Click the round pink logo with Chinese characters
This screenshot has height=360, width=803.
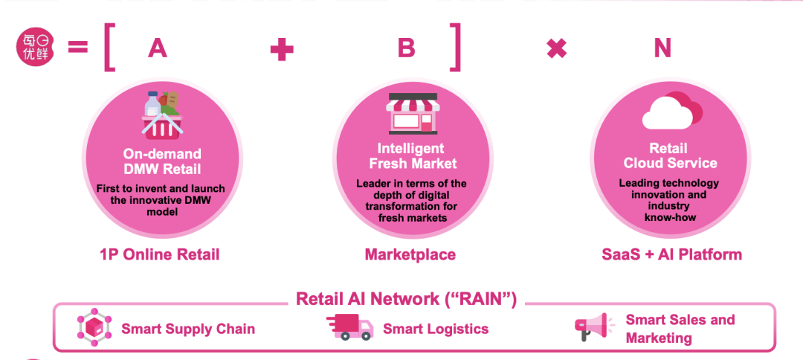tap(33, 48)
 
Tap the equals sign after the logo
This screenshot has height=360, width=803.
tap(78, 48)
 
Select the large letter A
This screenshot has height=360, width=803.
tap(157, 48)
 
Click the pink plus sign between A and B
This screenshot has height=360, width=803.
tap(282, 49)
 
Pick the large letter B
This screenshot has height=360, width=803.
tap(406, 48)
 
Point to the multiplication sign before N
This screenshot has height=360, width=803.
tap(556, 49)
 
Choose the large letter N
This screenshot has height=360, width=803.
tap(662, 48)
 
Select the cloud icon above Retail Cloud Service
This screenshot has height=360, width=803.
tap(671, 111)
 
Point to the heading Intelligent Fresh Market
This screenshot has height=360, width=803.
tap(410, 156)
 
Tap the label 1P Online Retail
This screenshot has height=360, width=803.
tap(160, 254)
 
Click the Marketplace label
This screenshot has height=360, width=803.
tap(410, 254)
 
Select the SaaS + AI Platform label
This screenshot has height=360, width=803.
tap(671, 254)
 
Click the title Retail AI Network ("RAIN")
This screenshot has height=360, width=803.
tap(406, 299)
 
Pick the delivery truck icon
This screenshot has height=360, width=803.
tap(349, 327)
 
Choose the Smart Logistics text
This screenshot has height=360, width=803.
tap(436, 328)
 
